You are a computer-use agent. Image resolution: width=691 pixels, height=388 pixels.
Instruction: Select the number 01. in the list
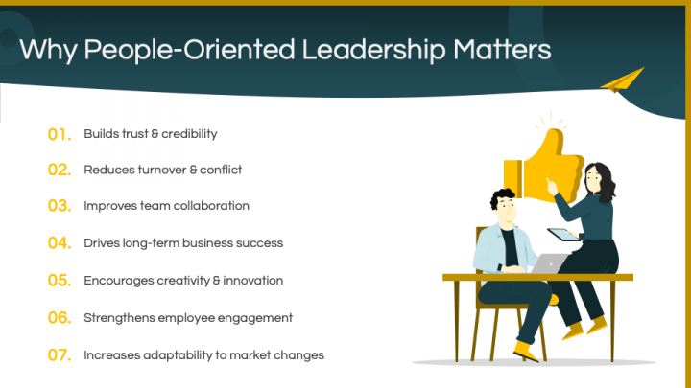(60, 134)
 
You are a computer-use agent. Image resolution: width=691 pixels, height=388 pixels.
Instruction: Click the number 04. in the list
(60, 243)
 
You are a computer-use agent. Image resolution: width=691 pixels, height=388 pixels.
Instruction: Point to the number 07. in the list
(60, 355)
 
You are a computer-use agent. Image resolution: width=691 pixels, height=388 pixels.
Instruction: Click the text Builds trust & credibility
(151, 134)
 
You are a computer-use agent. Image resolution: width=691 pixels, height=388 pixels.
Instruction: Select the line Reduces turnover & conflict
(162, 171)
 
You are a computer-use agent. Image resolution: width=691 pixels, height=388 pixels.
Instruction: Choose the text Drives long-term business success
(183, 243)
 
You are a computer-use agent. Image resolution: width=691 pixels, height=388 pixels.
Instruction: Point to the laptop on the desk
(550, 262)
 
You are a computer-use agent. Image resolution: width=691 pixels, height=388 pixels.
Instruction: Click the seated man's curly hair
(502, 201)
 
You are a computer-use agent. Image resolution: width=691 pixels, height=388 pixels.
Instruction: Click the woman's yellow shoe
(573, 331)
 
